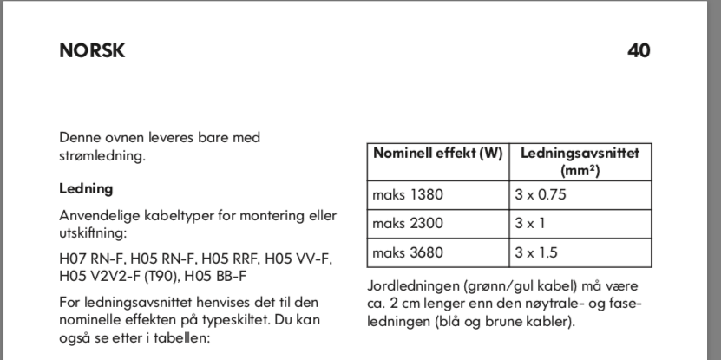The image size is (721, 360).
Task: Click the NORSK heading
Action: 92,50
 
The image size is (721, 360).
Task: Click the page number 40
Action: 639,50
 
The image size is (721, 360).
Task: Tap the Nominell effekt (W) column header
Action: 438,154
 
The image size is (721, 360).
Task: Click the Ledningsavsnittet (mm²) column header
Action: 580,161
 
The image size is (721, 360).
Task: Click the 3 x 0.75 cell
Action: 541,194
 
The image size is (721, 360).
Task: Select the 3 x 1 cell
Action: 528,224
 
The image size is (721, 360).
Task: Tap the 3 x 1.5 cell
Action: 534,253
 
